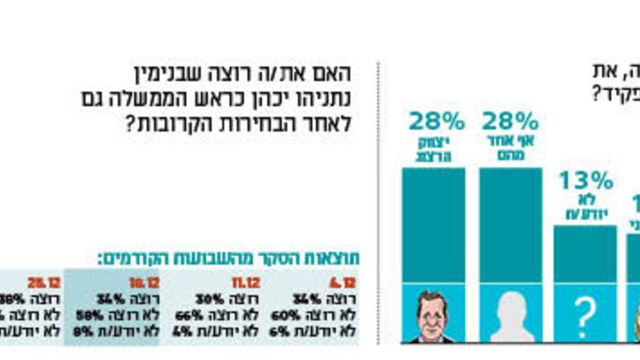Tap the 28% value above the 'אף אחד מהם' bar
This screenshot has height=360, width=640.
coord(510,121)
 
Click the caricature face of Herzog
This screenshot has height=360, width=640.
coord(434,317)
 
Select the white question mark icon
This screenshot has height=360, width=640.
coord(585,316)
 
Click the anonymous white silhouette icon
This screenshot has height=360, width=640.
coord(510,316)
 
